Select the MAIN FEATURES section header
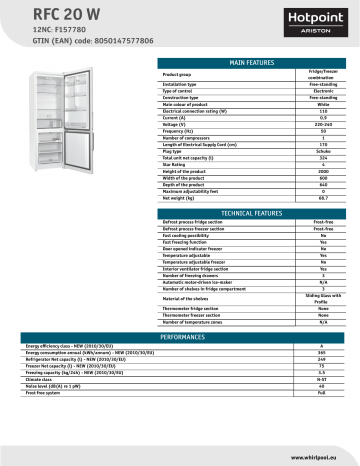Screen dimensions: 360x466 [251, 62]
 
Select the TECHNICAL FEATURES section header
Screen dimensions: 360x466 [251, 214]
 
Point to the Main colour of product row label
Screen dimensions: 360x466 [196, 103]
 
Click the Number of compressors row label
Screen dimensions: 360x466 [196, 139]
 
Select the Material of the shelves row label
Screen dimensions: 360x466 [196, 299]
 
